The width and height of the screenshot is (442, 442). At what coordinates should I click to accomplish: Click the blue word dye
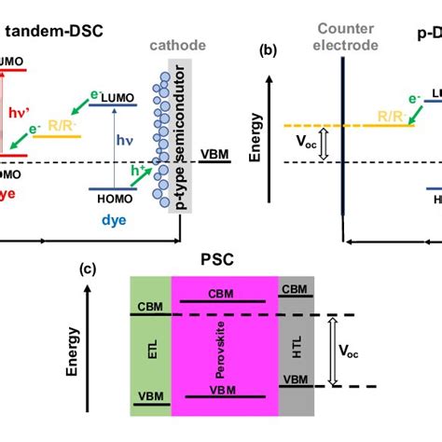[x=111, y=223]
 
